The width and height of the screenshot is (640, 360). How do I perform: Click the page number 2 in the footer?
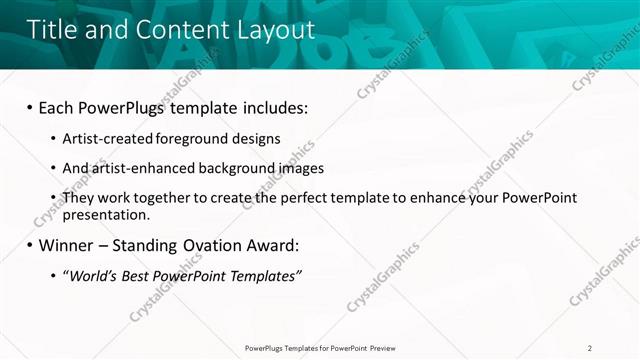pos(590,348)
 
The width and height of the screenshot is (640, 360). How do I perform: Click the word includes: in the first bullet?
pos(274,105)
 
